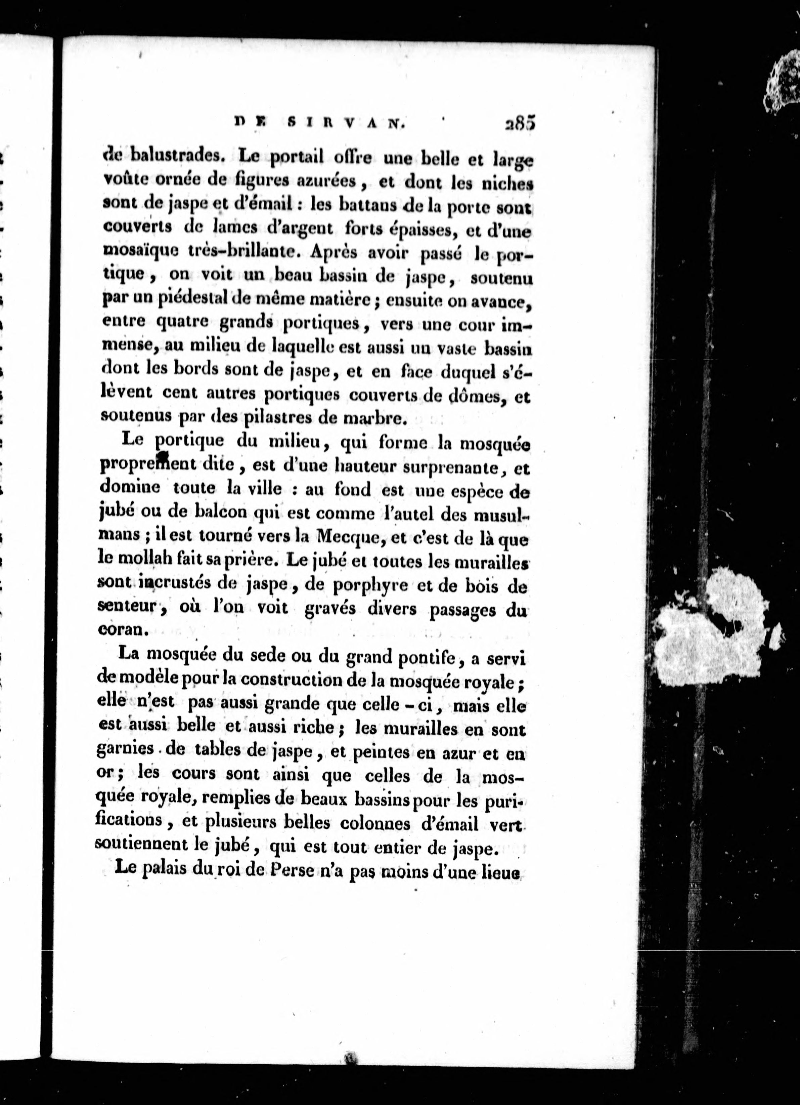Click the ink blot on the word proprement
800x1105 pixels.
point(162,457)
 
